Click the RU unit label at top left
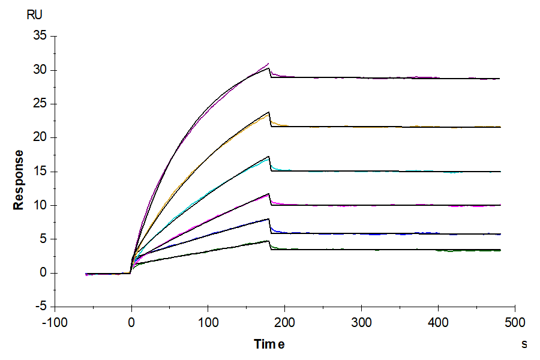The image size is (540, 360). pyautogui.click(x=35, y=16)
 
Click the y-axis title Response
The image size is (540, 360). pyautogui.click(x=19, y=179)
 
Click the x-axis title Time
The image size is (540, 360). pyautogui.click(x=269, y=344)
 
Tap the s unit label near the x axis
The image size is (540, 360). pyautogui.click(x=524, y=344)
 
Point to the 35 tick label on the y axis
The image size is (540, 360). pyautogui.click(x=40, y=36)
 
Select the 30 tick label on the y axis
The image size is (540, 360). pyautogui.click(x=40, y=70)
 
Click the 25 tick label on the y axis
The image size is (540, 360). pyautogui.click(x=40, y=104)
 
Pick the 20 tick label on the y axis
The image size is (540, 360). pyautogui.click(x=40, y=137)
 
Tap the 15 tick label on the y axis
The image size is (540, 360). pyautogui.click(x=40, y=172)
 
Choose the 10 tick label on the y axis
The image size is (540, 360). pyautogui.click(x=40, y=205)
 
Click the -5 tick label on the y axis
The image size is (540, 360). pyautogui.click(x=41, y=307)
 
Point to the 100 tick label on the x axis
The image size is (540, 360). pyautogui.click(x=208, y=323)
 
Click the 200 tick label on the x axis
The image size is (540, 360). pyautogui.click(x=285, y=323)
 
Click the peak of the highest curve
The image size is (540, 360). pyautogui.click(x=268, y=64)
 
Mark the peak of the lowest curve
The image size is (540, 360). pyautogui.click(x=268, y=241)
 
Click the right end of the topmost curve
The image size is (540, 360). pyautogui.click(x=499, y=79)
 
